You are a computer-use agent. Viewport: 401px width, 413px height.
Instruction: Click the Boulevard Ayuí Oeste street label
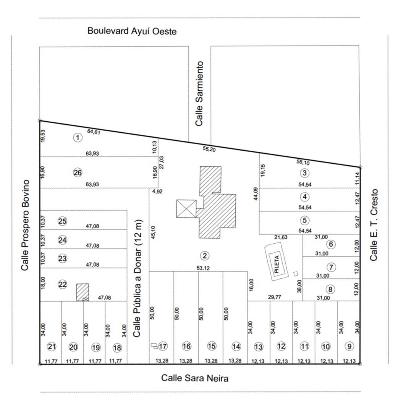[132, 31]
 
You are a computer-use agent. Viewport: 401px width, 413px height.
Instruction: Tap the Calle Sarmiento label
[199, 94]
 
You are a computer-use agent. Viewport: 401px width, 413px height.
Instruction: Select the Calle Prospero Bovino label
[25, 225]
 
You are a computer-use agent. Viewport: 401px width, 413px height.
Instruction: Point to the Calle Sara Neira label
[195, 378]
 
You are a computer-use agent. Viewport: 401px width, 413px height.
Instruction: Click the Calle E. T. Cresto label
[374, 225]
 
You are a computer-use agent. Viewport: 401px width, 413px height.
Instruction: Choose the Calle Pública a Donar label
[137, 278]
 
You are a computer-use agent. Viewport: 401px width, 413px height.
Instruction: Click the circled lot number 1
[78, 138]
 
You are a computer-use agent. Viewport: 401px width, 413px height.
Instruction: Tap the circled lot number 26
[78, 173]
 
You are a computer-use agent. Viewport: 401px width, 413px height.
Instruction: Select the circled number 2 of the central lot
[205, 256]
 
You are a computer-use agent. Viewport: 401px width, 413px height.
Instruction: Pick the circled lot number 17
[163, 346]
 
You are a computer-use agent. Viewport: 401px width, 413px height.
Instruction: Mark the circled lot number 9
[349, 346]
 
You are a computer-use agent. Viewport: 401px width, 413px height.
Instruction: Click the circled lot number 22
[63, 285]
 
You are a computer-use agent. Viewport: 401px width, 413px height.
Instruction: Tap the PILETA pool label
[276, 264]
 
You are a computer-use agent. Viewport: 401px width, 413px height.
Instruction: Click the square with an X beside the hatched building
[186, 209]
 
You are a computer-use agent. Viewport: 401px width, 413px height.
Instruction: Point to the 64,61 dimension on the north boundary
[94, 132]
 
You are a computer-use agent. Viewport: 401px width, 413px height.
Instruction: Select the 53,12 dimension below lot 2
[203, 268]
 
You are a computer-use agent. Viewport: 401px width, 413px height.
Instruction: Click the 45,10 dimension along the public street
[153, 233]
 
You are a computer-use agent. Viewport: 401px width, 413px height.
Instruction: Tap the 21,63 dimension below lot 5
[281, 237]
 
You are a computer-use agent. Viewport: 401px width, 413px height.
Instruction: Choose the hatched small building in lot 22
[82, 292]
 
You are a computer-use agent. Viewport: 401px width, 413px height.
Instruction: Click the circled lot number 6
[331, 244]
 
